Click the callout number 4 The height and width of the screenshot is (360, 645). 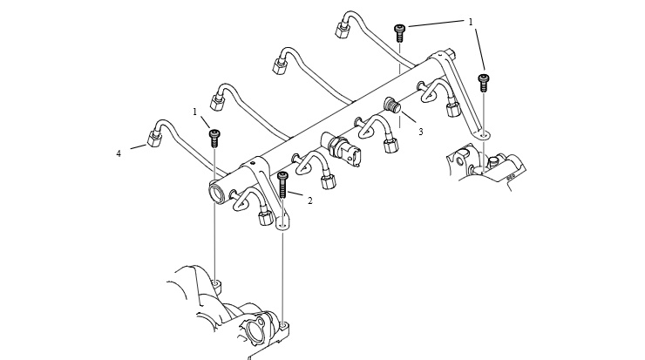(x=119, y=154)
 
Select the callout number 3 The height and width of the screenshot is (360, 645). (x=421, y=132)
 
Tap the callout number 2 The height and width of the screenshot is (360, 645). (x=309, y=200)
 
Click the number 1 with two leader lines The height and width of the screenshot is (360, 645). (x=471, y=22)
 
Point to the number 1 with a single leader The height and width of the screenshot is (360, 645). (x=195, y=112)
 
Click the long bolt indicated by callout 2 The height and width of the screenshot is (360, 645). (x=282, y=185)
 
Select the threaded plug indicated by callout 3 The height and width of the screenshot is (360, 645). (x=393, y=105)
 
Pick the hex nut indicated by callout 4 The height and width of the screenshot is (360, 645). (x=154, y=139)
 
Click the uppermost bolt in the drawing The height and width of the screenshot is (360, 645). (x=399, y=33)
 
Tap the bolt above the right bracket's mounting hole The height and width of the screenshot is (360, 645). (x=484, y=83)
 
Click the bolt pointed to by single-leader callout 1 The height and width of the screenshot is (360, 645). (x=214, y=138)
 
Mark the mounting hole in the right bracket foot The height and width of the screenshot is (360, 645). (x=484, y=133)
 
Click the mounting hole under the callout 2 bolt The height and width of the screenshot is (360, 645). (x=282, y=225)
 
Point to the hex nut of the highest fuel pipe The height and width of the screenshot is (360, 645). (x=343, y=30)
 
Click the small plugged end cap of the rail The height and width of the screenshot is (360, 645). (x=451, y=54)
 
